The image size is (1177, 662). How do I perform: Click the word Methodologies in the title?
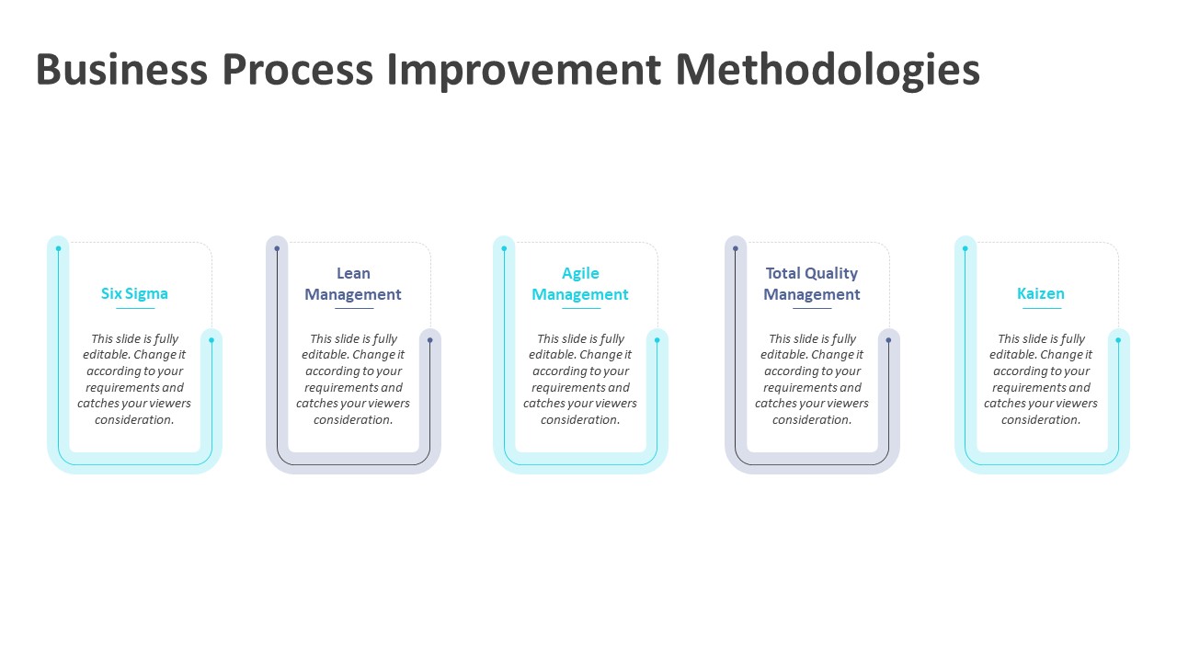[828, 71]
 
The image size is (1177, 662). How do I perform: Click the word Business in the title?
[120, 71]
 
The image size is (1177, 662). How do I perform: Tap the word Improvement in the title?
[523, 71]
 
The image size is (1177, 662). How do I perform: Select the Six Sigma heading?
[134, 293]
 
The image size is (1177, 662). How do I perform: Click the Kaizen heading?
[1041, 293]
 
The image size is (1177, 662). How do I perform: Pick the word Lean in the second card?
[353, 273]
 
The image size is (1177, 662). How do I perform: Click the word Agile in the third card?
[580, 273]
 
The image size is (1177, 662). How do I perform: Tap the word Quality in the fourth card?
[831, 273]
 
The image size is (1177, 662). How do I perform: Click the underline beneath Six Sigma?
[134, 308]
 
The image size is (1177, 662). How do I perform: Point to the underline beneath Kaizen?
[1041, 308]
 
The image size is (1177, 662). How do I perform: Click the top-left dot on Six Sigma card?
[58, 248]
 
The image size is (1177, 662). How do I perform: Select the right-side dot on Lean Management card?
[429, 340]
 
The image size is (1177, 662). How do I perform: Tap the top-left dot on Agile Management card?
[504, 248]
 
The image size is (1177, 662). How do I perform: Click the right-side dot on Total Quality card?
[888, 340]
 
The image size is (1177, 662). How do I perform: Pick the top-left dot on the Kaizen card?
[965, 248]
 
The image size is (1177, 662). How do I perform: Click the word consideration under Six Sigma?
[134, 420]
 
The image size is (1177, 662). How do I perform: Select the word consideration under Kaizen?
[1041, 420]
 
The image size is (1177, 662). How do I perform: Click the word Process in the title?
[300, 71]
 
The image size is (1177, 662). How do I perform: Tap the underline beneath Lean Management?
[353, 308]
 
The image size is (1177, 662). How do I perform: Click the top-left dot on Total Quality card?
[736, 248]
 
